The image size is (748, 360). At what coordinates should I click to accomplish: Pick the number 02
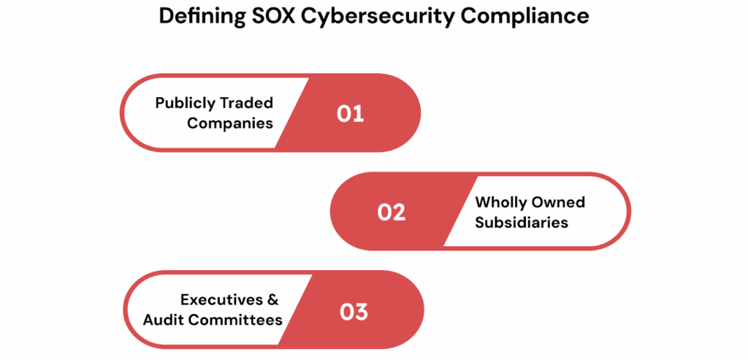click(x=392, y=212)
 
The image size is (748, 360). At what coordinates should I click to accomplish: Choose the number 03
click(x=354, y=312)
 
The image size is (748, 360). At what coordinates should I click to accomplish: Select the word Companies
click(x=230, y=123)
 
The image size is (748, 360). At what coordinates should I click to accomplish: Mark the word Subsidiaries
click(x=522, y=222)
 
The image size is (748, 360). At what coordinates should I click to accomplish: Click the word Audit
click(x=164, y=319)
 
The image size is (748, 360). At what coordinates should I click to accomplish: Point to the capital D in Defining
click(x=166, y=15)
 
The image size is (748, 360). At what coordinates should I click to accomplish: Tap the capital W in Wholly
click(x=484, y=202)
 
